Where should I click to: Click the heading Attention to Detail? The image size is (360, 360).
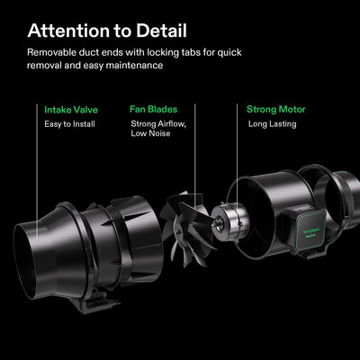(107, 31)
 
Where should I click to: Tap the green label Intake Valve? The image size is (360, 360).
(71, 110)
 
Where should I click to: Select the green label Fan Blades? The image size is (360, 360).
(153, 109)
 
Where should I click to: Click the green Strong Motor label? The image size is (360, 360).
(275, 110)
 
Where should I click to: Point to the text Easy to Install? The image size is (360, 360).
(69, 124)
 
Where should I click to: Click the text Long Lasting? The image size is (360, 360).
(272, 124)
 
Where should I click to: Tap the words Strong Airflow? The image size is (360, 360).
(158, 124)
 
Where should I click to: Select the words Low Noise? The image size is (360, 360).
(150, 133)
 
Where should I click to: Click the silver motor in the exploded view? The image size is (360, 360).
(230, 221)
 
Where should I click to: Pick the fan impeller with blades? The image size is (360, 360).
(187, 229)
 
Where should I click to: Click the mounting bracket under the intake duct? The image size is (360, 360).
(95, 301)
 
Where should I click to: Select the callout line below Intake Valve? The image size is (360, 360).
(37, 171)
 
